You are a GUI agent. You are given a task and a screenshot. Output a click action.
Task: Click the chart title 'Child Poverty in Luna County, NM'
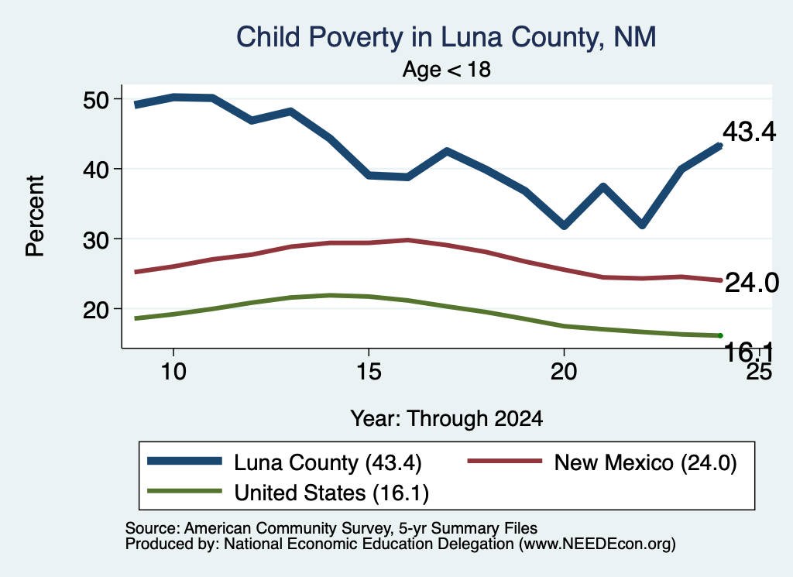coord(446,37)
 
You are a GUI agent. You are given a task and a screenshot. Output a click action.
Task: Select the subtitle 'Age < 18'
coord(447,69)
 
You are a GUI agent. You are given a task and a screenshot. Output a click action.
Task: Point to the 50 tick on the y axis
coord(96,100)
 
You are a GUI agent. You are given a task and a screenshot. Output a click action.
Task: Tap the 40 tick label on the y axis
coord(96,170)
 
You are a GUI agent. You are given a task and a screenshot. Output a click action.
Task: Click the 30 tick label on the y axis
coord(96,239)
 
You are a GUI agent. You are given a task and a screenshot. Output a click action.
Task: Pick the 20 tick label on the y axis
coord(96,310)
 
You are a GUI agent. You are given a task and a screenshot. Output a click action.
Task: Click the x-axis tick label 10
coord(173,372)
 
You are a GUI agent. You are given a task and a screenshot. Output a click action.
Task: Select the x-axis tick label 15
coord(368,372)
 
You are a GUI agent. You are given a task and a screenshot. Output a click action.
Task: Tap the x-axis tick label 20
coord(564,372)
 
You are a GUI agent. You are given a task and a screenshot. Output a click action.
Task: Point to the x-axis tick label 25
coord(759,372)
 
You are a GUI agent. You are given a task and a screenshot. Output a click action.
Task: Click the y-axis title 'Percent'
coord(36,216)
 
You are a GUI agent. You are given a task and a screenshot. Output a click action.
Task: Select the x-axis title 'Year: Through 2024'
coord(447,419)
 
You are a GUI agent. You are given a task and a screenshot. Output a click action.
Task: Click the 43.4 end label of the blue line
coord(749,132)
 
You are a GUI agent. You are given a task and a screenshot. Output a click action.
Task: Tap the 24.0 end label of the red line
coord(751,282)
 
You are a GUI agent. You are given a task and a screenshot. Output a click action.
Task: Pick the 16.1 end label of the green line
coord(749,352)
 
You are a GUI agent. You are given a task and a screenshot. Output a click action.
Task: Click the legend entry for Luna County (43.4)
coord(284,462)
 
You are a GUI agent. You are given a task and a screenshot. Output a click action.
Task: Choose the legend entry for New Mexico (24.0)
coord(602,462)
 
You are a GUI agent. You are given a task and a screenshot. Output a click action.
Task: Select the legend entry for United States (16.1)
coord(288,493)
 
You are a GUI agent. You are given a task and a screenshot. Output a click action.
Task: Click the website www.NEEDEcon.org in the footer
coord(597,544)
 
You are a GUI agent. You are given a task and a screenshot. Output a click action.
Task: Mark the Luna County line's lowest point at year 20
coord(565,225)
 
